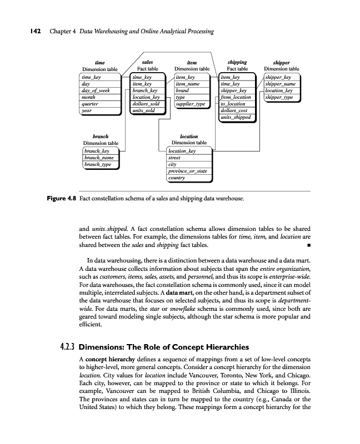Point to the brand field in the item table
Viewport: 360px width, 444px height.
[183, 90]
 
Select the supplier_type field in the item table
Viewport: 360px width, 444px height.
[190, 104]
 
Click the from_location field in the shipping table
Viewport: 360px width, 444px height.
[236, 97]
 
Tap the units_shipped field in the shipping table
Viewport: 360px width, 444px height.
[236, 117]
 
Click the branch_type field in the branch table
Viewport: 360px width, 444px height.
[98, 164]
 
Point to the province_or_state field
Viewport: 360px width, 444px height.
[187, 171]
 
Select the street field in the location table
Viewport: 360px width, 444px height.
[174, 158]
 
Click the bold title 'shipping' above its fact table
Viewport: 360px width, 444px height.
[237, 63]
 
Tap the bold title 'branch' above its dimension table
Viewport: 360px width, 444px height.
[100, 136]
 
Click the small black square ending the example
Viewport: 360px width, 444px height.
[308, 246]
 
